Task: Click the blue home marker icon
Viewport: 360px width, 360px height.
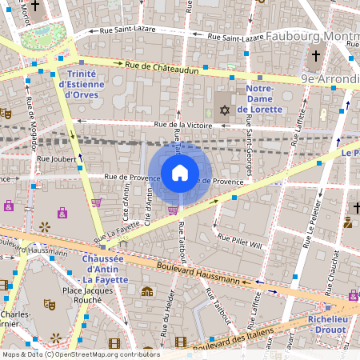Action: (180, 172)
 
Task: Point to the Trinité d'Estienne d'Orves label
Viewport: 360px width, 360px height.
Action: (80, 84)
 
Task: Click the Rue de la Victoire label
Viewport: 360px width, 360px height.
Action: (183, 125)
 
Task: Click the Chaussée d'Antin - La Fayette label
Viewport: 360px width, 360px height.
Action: (112, 264)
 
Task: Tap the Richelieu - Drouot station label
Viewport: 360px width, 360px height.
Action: (330, 322)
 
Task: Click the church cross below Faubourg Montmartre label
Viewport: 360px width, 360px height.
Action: (316, 57)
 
